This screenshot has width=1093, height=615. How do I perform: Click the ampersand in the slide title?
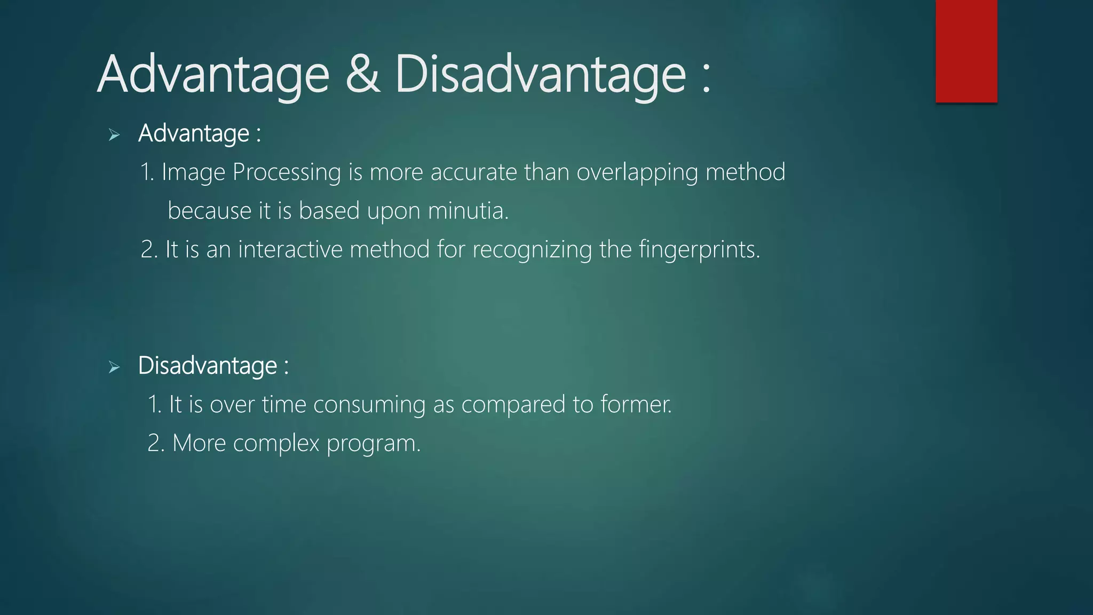point(363,75)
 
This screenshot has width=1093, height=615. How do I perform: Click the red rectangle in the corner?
point(966,51)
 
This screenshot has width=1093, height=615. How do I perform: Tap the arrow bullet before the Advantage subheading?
point(114,135)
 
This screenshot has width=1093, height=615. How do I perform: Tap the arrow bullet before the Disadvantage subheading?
point(114,367)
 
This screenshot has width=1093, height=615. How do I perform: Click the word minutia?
point(468,210)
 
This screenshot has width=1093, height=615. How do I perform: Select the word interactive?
point(290,249)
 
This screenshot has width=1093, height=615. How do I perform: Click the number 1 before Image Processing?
point(145,172)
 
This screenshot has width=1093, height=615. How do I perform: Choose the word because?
point(209,210)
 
